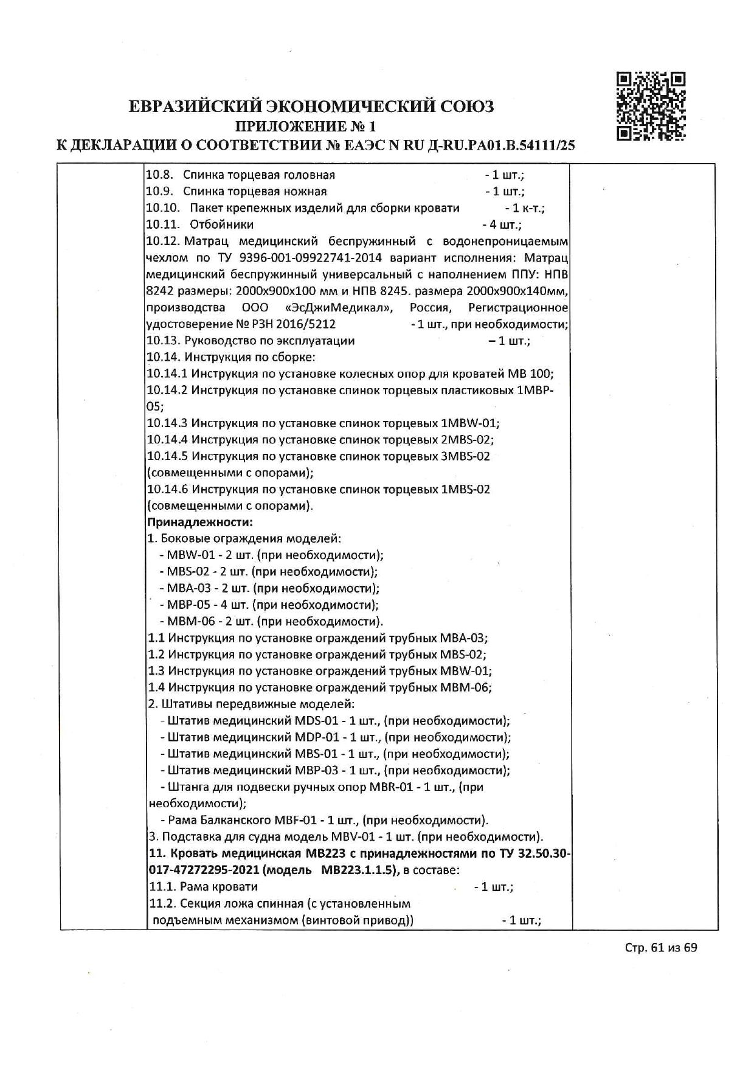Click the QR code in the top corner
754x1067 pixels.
click(651, 106)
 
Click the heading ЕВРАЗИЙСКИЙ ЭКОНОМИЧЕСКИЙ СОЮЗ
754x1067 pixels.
click(311, 106)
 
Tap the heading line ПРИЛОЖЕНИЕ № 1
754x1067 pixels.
click(306, 127)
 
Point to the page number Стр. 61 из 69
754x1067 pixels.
click(661, 948)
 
